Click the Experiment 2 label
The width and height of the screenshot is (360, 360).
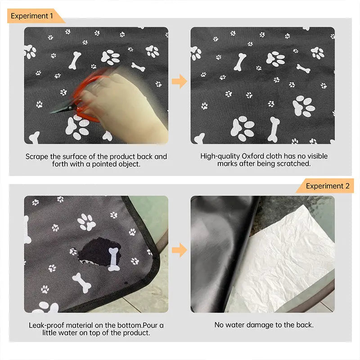coord(327,186)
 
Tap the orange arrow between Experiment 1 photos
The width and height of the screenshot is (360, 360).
coord(179,81)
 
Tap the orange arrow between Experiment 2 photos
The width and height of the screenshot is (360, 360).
coord(179,250)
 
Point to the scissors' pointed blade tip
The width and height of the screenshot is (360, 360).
coord(52,112)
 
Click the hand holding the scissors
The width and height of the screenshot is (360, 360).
coord(126,106)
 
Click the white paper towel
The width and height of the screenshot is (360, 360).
coord(292,261)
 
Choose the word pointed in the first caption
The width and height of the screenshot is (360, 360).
coord(108,164)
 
